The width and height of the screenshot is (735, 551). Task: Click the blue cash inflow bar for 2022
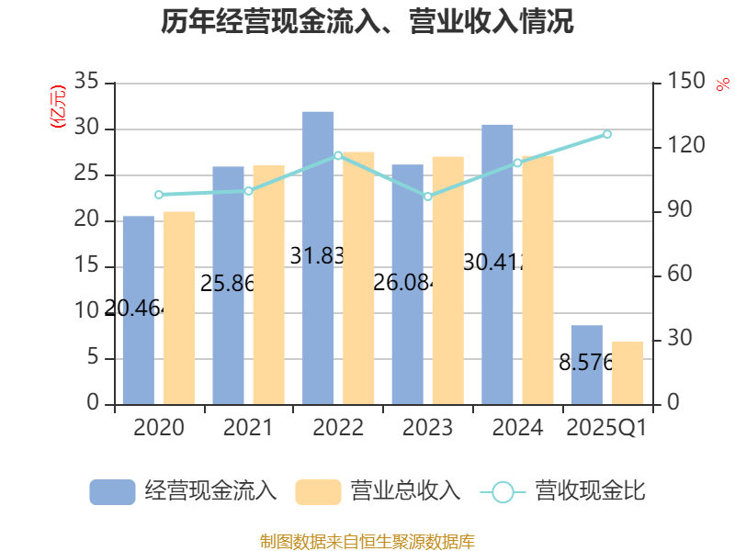(x=318, y=257)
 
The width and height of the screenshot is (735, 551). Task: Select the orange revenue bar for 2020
(x=179, y=308)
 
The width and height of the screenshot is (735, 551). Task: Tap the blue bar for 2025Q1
(x=587, y=365)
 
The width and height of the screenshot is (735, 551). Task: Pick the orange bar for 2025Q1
(x=628, y=372)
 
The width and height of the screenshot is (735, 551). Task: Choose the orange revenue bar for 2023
(x=448, y=280)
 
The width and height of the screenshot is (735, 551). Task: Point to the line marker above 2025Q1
(x=606, y=134)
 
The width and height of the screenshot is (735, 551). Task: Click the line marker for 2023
(x=427, y=197)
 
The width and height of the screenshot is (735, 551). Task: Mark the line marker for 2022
(x=338, y=155)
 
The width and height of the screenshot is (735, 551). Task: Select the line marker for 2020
(x=158, y=195)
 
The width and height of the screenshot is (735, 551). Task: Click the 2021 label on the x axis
(x=248, y=428)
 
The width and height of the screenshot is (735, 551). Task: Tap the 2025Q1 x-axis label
(x=606, y=428)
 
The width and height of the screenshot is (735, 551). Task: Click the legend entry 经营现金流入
(x=184, y=491)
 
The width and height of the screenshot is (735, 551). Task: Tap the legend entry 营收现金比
(x=564, y=491)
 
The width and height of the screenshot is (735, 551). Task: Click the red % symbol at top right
(x=722, y=84)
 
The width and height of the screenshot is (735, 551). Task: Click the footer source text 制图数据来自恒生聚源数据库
(x=367, y=541)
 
